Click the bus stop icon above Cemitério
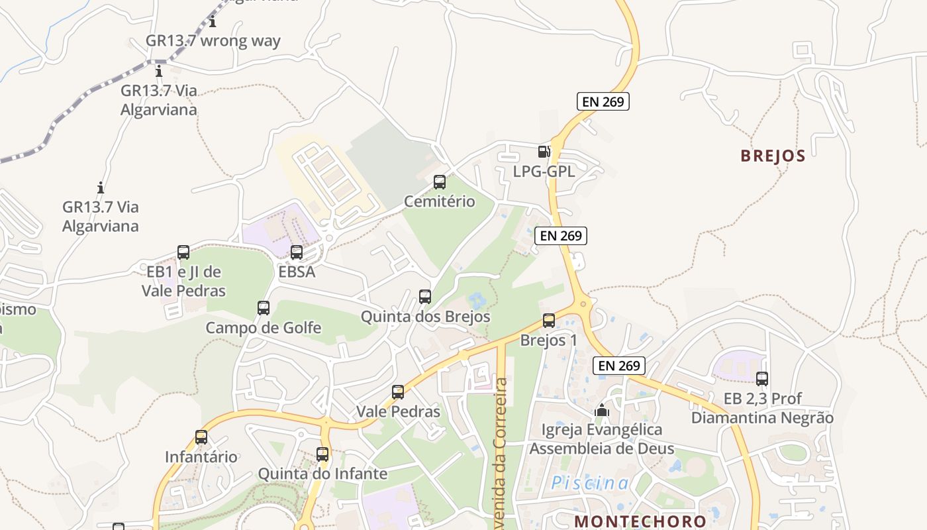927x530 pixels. coord(439,182)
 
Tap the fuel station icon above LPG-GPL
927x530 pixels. coord(544,152)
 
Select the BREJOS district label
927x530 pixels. coord(773,156)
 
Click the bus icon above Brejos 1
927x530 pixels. coord(548,321)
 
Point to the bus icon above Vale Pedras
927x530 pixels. coord(397,392)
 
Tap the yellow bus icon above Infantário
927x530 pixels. coord(201,437)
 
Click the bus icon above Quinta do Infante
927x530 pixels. coord(322,454)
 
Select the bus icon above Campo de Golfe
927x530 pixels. coord(263,308)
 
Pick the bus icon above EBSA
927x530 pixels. coord(296,252)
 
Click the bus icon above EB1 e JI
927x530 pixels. coord(183,252)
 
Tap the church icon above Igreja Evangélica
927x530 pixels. coord(601,411)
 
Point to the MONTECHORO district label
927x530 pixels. coord(640,521)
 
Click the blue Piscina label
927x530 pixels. coord(590,484)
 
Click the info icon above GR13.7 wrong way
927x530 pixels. coord(213,22)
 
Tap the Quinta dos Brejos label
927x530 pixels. coord(425,317)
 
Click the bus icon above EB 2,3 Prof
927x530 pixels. coord(762,379)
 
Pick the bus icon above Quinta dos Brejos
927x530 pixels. coord(425,297)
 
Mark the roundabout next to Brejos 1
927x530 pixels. coord(583,305)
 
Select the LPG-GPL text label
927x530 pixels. coord(544,172)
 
